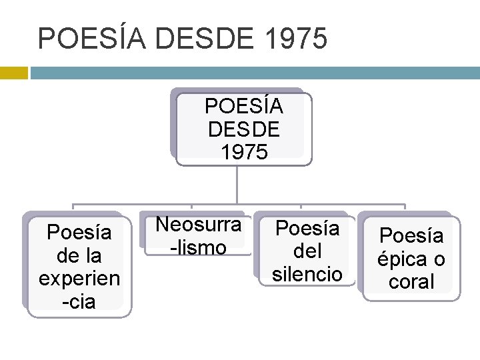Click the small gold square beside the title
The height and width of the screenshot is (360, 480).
[13, 72]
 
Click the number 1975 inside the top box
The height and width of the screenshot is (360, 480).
[244, 151]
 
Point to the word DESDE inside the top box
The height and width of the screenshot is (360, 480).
[244, 129]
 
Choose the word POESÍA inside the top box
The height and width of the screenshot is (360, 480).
[244, 106]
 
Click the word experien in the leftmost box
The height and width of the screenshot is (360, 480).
[79, 278]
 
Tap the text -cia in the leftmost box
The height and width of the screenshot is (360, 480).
[79, 301]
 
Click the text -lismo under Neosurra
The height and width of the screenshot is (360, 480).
[198, 247]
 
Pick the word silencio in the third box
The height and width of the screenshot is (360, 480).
[307, 274]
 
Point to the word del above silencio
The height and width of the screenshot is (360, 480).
[307, 251]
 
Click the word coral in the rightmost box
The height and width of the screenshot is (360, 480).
[411, 281]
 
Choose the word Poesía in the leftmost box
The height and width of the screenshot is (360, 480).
[79, 233]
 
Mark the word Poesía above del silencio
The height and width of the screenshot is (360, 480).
[307, 229]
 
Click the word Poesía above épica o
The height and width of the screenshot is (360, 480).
[411, 235]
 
